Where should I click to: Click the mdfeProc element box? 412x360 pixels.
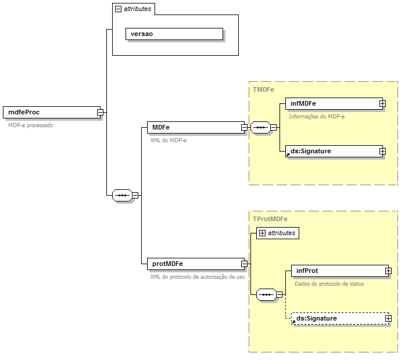(x=51, y=112)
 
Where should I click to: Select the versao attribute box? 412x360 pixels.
(x=174, y=34)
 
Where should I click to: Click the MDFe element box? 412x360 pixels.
(x=195, y=127)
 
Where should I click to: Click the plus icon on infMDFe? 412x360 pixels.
(x=382, y=103)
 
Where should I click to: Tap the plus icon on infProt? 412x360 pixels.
(x=388, y=271)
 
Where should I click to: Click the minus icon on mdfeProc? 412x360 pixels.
(x=101, y=112)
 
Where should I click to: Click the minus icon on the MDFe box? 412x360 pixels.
(x=244, y=127)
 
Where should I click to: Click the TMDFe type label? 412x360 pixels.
(x=264, y=89)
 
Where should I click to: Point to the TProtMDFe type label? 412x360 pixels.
(x=270, y=219)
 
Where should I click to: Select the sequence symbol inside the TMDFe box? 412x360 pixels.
(x=260, y=127)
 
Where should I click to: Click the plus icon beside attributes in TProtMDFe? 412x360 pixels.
(x=262, y=233)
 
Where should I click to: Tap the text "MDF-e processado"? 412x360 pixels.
(x=30, y=125)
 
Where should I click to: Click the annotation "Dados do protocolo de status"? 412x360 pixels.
(x=329, y=283)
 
